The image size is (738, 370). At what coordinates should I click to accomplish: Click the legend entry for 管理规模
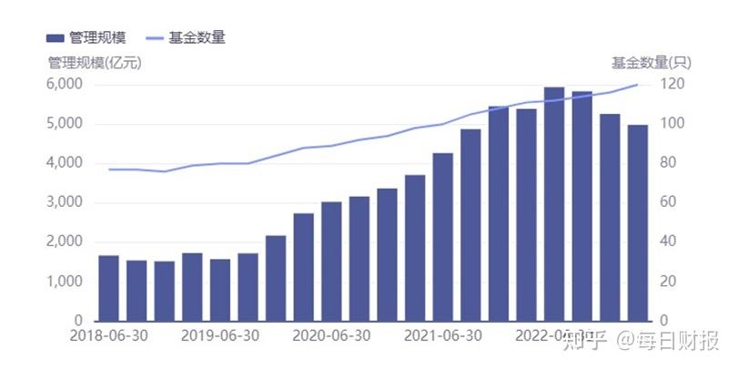pyautogui.click(x=86, y=37)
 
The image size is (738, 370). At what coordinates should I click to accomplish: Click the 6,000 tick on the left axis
pyautogui.click(x=65, y=84)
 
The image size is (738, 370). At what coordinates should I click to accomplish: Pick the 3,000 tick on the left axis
pyautogui.click(x=65, y=202)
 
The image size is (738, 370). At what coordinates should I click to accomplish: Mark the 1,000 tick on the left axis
pyautogui.click(x=65, y=282)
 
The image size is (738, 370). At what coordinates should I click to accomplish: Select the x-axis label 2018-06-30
pyautogui.click(x=108, y=335)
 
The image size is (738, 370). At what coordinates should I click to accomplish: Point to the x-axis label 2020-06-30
pyautogui.click(x=331, y=335)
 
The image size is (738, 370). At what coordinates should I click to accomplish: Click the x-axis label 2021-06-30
pyautogui.click(x=442, y=335)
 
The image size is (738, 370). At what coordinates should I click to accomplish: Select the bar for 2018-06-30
pyautogui.click(x=108, y=288)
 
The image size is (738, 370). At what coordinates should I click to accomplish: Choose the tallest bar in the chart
pyautogui.click(x=554, y=204)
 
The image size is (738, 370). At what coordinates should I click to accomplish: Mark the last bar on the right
pyautogui.click(x=638, y=223)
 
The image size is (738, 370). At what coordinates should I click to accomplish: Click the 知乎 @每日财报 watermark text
pyautogui.click(x=641, y=342)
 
